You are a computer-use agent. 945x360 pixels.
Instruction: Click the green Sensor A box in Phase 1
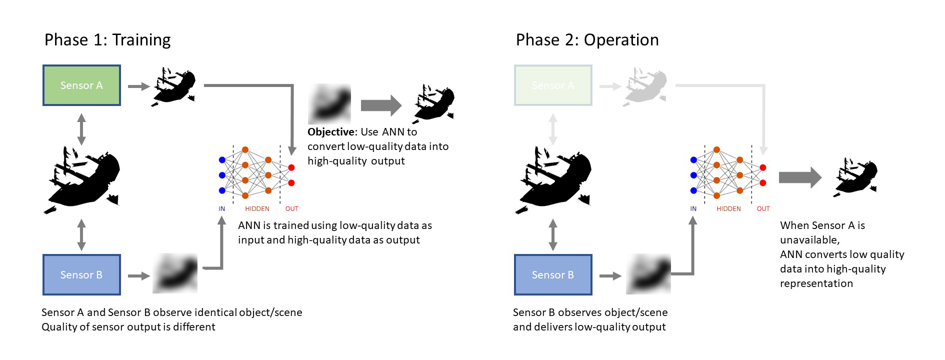(x=81, y=85)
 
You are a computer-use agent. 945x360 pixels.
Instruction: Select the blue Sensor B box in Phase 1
(x=81, y=275)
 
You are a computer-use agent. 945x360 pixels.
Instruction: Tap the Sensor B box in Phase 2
(x=553, y=275)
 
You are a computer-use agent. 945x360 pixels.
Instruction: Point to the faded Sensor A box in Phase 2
(x=553, y=85)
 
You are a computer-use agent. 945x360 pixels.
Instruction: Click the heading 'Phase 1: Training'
(x=107, y=40)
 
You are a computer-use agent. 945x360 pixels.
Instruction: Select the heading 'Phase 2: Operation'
(x=587, y=40)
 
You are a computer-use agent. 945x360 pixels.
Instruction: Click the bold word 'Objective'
(x=331, y=132)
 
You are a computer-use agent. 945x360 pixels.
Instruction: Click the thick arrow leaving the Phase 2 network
(x=800, y=177)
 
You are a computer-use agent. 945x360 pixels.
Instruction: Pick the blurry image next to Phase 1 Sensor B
(x=175, y=273)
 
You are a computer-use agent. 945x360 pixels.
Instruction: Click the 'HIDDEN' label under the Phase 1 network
(x=257, y=209)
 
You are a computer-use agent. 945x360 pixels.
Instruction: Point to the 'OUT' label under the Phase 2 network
(x=763, y=209)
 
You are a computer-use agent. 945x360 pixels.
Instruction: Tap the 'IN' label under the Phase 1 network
(x=222, y=209)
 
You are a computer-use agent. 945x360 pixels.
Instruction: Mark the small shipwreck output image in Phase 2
(x=856, y=177)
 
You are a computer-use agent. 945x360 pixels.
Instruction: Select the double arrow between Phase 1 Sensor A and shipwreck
(x=81, y=129)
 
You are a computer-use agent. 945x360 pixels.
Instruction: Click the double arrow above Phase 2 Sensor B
(x=553, y=235)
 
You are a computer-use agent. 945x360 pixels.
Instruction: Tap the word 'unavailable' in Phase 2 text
(x=809, y=240)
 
